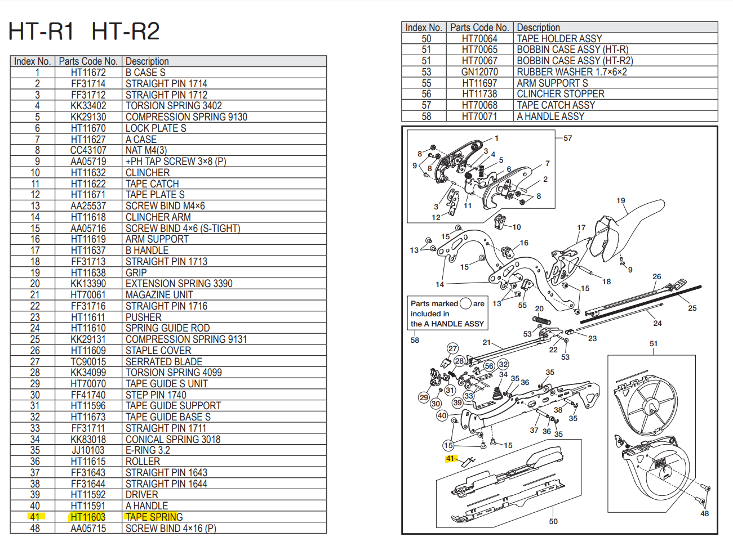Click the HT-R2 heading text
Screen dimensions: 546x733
tap(125, 31)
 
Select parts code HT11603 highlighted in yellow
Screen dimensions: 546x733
tap(88, 517)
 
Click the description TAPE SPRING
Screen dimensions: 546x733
tap(154, 517)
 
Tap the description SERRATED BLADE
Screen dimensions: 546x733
tap(163, 361)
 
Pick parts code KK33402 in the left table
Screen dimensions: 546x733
tap(88, 106)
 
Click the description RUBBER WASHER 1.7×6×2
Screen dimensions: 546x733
tap(571, 72)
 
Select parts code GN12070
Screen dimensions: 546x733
tap(479, 72)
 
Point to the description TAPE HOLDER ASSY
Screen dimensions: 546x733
tap(559, 39)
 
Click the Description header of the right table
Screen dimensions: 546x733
tap(538, 28)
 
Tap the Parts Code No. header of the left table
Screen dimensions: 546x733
tap(88, 61)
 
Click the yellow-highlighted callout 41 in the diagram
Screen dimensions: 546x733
tap(450, 459)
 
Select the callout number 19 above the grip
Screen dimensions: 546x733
tap(620, 200)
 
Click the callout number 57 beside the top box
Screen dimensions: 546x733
tap(567, 138)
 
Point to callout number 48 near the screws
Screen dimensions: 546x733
tap(704, 513)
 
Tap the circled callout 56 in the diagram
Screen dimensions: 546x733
tap(489, 366)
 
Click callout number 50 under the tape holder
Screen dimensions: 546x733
tap(553, 521)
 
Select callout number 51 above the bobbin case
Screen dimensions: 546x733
tap(653, 343)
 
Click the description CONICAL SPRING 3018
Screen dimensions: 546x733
tap(172, 439)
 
